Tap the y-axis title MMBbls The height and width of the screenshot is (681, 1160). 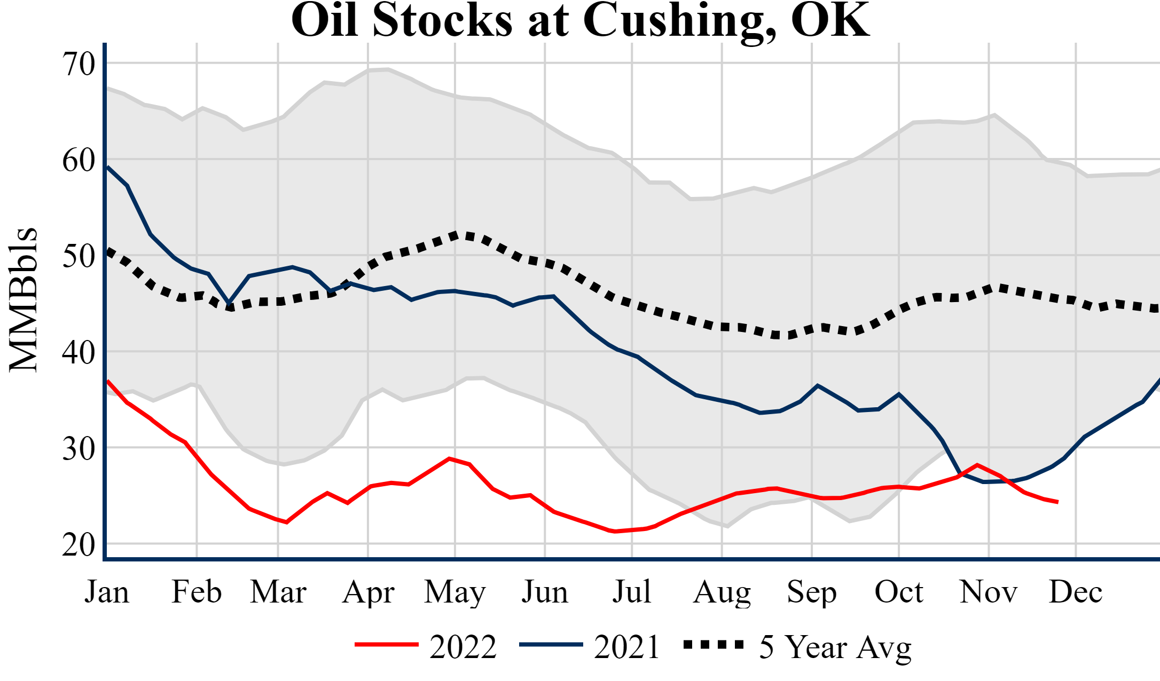[23, 299]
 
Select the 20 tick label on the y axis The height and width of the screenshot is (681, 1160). [79, 544]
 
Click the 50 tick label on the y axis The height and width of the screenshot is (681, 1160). [79, 256]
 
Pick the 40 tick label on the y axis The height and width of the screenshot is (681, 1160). [79, 352]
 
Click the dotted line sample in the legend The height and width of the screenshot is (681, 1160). [714, 645]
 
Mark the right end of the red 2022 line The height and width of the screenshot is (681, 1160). [1057, 502]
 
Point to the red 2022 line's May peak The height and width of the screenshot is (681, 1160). [450, 458]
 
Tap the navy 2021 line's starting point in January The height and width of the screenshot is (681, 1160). [108, 167]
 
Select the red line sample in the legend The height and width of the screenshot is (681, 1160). [387, 645]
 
